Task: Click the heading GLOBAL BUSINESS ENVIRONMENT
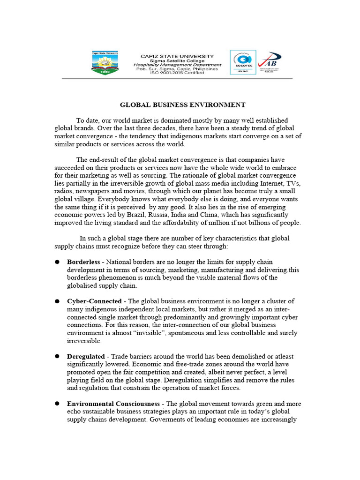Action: pos(183,105)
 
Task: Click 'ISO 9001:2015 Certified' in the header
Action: pos(177,73)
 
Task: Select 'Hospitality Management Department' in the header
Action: pos(177,65)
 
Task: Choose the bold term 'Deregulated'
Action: pos(86,356)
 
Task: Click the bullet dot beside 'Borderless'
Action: pos(57,262)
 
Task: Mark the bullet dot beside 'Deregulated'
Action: pos(57,356)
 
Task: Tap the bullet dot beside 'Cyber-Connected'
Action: pos(57,301)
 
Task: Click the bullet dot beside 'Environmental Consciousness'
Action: pos(57,404)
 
